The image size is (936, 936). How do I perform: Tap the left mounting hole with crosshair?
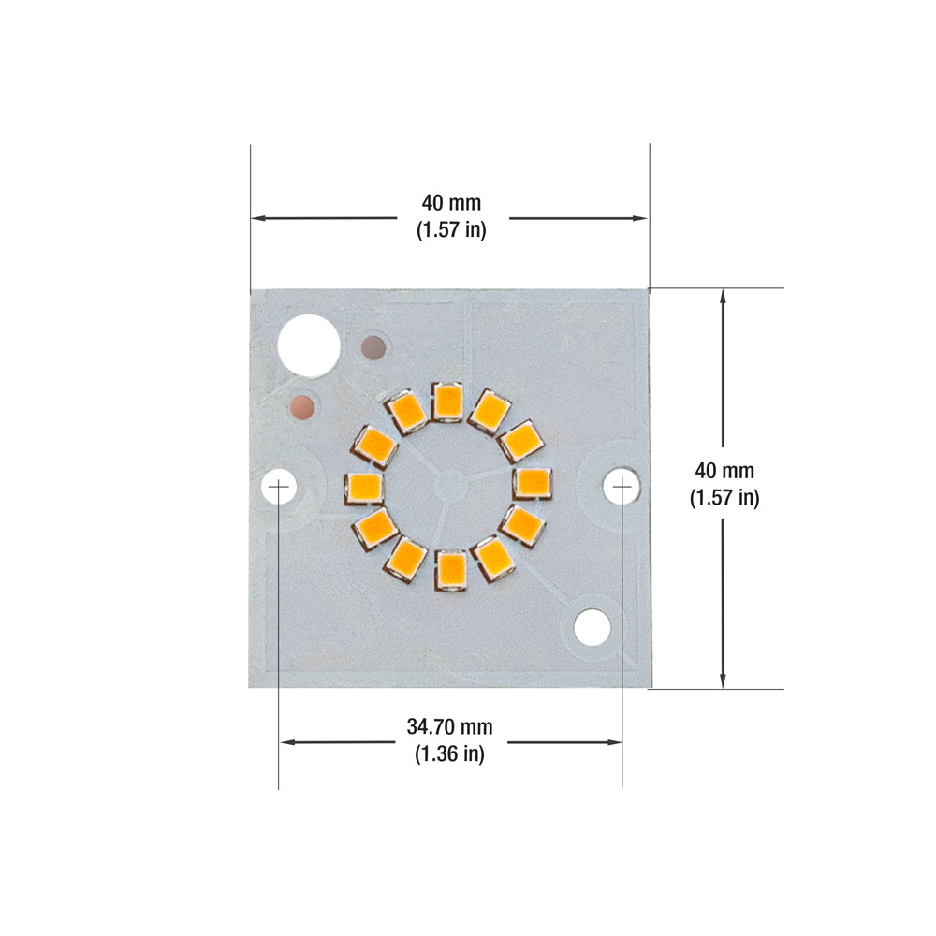pyautogui.click(x=279, y=487)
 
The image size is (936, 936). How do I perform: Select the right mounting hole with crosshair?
pyautogui.click(x=622, y=487)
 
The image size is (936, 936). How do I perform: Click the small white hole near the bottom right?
pyautogui.click(x=592, y=627)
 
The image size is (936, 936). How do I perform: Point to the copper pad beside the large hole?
pyautogui.click(x=374, y=348)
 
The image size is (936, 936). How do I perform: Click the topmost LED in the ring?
pyautogui.click(x=448, y=402)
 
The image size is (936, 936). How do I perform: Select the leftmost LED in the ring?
pyautogui.click(x=363, y=487)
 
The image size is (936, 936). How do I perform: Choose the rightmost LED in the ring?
pyautogui.click(x=534, y=483)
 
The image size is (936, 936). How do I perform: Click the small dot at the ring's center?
pyautogui.click(x=447, y=485)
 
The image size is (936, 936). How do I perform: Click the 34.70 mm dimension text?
pyautogui.click(x=449, y=726)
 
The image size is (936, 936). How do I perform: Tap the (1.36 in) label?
pyautogui.click(x=449, y=753)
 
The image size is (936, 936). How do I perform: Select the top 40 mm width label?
pyautogui.click(x=450, y=203)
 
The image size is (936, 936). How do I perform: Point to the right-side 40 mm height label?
pyautogui.click(x=724, y=471)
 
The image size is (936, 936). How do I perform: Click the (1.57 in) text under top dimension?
pyautogui.click(x=450, y=229)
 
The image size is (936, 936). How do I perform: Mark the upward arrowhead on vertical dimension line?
pyautogui.click(x=723, y=295)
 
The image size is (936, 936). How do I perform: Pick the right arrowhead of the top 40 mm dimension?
pyautogui.click(x=641, y=218)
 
